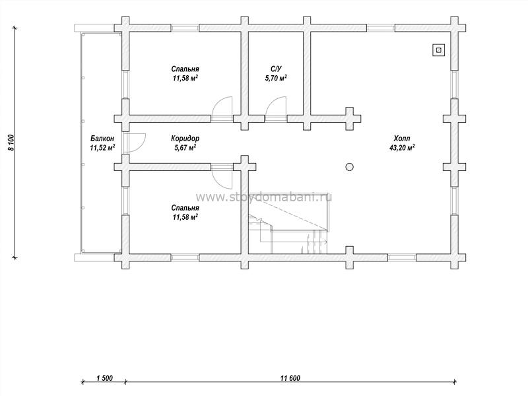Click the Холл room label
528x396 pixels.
click(402, 139)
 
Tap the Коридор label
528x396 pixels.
click(185, 139)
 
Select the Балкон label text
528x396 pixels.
click(102, 139)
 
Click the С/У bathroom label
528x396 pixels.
click(276, 69)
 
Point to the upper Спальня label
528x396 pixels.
click(185, 69)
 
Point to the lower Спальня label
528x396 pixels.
click(185, 208)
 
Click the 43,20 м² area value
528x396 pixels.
click(402, 147)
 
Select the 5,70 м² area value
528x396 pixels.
click(276, 78)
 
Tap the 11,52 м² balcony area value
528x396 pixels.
click(102, 147)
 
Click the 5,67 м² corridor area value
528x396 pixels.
click(185, 147)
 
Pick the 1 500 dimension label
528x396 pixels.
click(104, 378)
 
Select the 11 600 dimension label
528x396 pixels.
click(290, 378)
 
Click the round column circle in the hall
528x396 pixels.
click(350, 167)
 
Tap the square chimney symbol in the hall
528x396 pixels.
click(438, 50)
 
